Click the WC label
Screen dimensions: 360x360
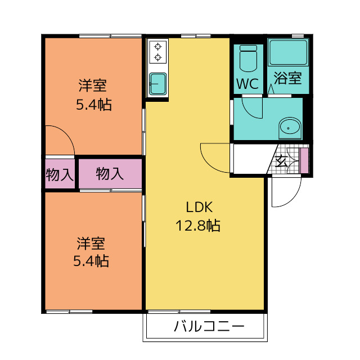(x=247, y=84)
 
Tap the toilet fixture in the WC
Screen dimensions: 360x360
(x=248, y=58)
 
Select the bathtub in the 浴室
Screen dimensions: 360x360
(x=289, y=52)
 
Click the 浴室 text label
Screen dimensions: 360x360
(x=287, y=78)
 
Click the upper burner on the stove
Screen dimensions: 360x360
(x=157, y=47)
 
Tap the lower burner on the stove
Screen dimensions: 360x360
(x=157, y=57)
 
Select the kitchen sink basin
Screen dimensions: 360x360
(x=157, y=84)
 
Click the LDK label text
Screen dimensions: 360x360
(x=199, y=207)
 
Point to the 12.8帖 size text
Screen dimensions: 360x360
(x=198, y=225)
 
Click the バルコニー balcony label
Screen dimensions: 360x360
(x=209, y=326)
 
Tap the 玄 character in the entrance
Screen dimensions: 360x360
(x=281, y=161)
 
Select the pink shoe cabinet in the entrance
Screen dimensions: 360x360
(x=304, y=161)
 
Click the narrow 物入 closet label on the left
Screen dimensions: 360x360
(x=60, y=175)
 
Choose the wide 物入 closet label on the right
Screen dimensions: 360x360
(x=110, y=174)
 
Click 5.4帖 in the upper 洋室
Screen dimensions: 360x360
(x=94, y=105)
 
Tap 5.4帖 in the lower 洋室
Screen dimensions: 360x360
(x=91, y=261)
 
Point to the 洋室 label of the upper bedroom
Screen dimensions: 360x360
(x=92, y=85)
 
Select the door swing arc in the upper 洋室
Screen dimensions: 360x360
(x=66, y=134)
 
